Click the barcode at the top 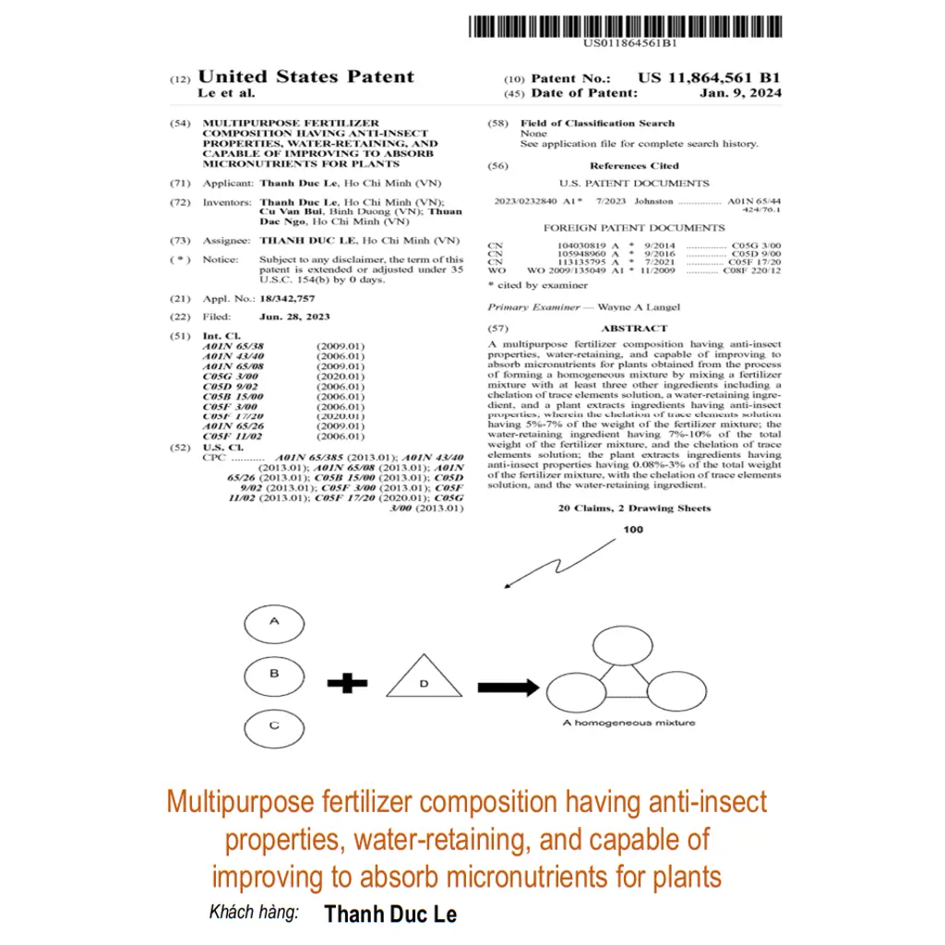624,25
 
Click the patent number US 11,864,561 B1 709,78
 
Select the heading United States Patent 305,77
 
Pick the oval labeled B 274,676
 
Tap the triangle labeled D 424,680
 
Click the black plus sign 348,684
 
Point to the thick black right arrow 508,688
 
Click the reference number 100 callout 633,530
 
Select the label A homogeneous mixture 628,723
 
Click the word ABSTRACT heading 633,329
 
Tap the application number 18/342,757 287,299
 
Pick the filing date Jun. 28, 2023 294,317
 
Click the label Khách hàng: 254,913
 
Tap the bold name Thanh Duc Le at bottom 390,914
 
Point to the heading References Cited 633,166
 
